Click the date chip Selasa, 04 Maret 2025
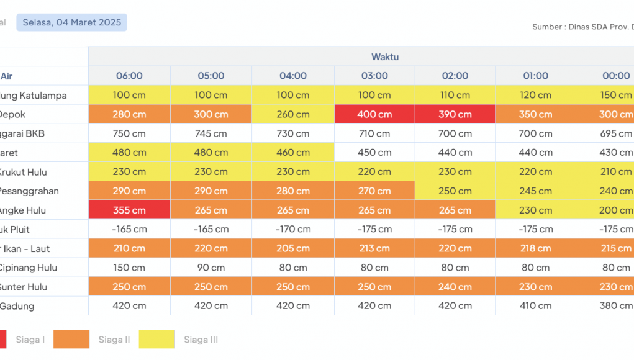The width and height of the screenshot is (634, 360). click(x=71, y=22)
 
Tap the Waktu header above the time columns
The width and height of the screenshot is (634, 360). click(x=385, y=57)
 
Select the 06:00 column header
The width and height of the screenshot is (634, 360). click(x=129, y=76)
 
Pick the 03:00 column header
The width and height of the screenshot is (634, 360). click(x=374, y=76)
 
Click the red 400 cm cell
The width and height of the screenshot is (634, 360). click(x=374, y=114)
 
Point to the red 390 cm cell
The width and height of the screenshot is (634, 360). click(x=455, y=114)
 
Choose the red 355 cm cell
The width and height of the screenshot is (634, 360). click(x=129, y=210)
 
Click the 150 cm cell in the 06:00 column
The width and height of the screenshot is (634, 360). click(x=129, y=268)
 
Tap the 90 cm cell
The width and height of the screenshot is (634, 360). click(x=211, y=268)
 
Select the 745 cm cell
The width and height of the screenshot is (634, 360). click(x=211, y=133)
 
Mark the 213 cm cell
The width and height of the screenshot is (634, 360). click(x=374, y=249)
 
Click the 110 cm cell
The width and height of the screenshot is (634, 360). click(x=455, y=95)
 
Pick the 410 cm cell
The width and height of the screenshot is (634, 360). click(x=535, y=306)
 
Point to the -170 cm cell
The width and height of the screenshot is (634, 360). click(x=293, y=230)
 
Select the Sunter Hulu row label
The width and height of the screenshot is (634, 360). click(x=24, y=287)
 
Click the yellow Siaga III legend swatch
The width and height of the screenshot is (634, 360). click(x=156, y=340)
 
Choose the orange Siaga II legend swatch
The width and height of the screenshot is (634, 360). click(x=71, y=340)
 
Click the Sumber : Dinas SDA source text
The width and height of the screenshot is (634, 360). click(x=582, y=27)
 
